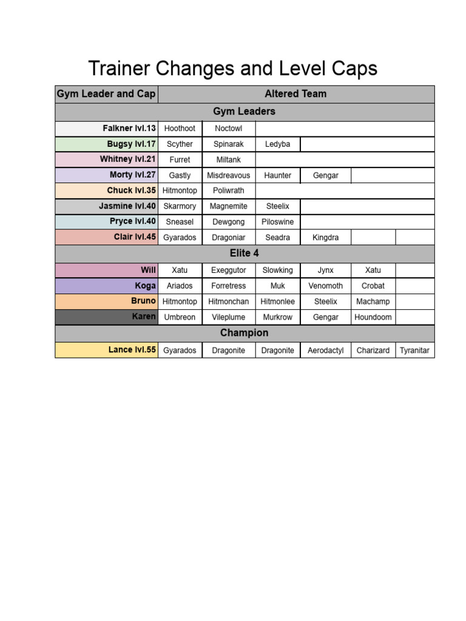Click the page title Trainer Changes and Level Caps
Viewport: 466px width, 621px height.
pos(232,69)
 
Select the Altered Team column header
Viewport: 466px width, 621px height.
pos(295,94)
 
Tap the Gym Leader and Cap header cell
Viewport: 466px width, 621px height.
pos(106,94)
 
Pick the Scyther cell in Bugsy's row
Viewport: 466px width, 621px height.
pos(180,144)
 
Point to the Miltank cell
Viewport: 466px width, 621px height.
pos(228,160)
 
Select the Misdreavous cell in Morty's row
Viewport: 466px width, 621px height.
pos(228,175)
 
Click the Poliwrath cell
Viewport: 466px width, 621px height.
pos(228,190)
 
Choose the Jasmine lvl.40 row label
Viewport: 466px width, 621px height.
pos(127,206)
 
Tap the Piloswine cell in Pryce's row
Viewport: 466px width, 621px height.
pos(277,222)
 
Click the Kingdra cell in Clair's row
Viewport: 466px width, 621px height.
pos(325,238)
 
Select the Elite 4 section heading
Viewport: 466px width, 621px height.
pos(244,253)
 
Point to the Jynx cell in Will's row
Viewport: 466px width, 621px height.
pos(325,270)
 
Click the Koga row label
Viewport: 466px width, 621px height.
pos(146,286)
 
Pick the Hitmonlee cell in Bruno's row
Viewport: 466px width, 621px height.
pos(277,301)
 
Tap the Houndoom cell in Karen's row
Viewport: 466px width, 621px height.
pos(373,317)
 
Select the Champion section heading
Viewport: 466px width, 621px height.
pos(244,333)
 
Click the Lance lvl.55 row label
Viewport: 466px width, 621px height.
pos(132,350)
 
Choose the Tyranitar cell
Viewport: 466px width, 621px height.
pos(414,351)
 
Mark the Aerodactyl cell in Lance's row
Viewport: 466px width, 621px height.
pos(325,351)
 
